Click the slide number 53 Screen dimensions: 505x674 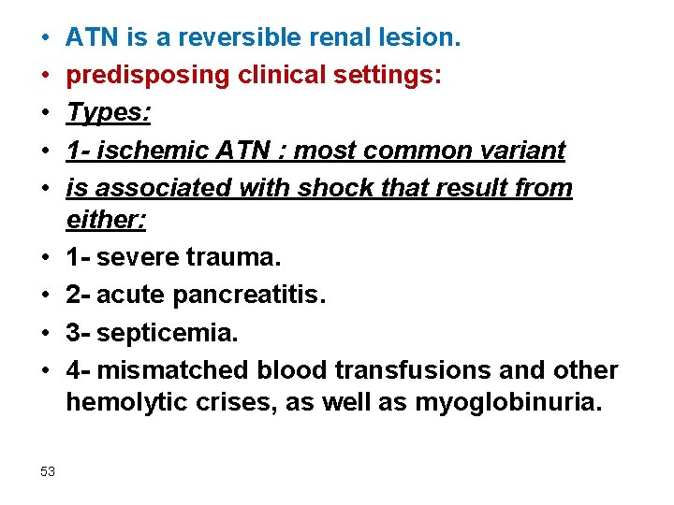(48, 471)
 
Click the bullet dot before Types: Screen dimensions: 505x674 (45, 114)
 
